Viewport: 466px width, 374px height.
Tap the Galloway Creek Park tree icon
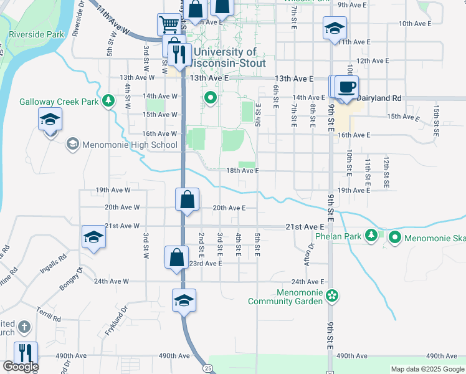(x=109, y=100)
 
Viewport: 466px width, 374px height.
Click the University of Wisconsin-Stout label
(x=229, y=58)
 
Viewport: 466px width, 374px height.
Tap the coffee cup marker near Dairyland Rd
(x=346, y=87)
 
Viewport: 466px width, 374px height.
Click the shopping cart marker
(x=169, y=26)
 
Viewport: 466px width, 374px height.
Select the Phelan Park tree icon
(x=371, y=235)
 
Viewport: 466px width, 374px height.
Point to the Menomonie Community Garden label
(x=285, y=297)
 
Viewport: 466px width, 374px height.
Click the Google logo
(x=20, y=367)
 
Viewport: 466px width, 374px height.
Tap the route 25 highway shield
(x=207, y=368)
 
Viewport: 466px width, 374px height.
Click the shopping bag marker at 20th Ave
(x=187, y=201)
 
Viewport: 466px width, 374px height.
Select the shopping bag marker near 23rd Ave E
(x=177, y=257)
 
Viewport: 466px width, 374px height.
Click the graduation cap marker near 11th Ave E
(x=335, y=28)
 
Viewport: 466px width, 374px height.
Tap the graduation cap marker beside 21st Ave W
(x=93, y=237)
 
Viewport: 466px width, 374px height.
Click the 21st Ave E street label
(x=305, y=227)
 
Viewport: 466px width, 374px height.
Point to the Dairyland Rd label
(x=383, y=98)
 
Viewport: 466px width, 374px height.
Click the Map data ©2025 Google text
(x=427, y=369)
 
